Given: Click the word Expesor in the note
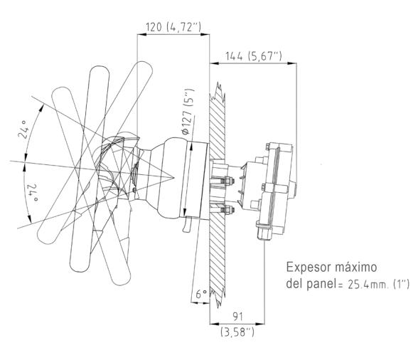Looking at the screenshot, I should [x=307, y=268].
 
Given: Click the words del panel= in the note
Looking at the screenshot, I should [x=309, y=284].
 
